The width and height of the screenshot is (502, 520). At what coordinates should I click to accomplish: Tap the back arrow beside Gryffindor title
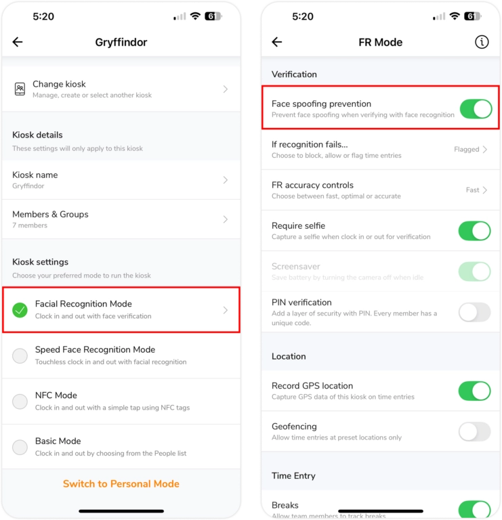(18, 42)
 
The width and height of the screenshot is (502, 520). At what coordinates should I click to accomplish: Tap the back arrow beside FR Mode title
(276, 42)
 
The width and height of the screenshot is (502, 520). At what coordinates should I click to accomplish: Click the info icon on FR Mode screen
(482, 42)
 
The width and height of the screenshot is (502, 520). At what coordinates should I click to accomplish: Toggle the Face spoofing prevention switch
(475, 108)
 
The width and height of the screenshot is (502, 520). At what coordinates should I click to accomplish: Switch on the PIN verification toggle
(474, 312)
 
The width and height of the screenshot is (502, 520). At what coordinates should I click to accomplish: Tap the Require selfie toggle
(474, 230)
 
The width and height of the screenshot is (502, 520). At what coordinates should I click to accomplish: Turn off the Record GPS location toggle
(474, 391)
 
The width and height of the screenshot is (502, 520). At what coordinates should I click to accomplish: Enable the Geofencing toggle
(474, 431)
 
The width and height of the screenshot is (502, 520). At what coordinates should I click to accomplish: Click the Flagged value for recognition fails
(467, 150)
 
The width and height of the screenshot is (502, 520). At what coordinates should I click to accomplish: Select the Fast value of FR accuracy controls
(473, 190)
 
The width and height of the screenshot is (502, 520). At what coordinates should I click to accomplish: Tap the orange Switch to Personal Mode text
(121, 483)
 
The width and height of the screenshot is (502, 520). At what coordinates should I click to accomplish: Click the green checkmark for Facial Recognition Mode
(20, 310)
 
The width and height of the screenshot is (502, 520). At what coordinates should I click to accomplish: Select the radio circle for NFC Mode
(20, 402)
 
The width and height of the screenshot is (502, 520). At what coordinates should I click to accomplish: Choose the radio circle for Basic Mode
(20, 447)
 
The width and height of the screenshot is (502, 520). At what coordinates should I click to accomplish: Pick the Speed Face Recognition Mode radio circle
(20, 355)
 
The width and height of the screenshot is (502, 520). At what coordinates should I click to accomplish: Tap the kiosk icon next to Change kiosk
(20, 89)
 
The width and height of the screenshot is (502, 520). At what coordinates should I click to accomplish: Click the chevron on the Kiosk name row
(226, 180)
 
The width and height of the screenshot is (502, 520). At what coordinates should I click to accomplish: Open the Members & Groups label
(50, 214)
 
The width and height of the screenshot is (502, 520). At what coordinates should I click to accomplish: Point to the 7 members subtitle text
(30, 225)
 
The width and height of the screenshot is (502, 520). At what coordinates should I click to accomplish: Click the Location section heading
(289, 356)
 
